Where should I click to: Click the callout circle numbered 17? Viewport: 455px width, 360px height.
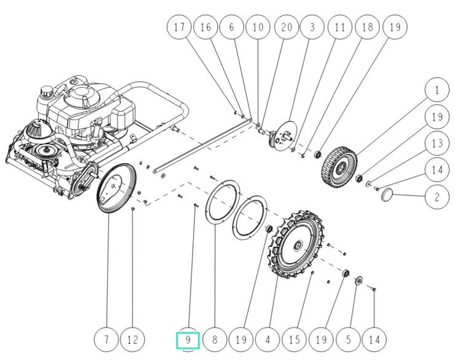[180, 27]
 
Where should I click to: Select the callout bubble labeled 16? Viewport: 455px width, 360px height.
[205, 27]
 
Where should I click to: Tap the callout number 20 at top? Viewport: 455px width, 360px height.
[286, 27]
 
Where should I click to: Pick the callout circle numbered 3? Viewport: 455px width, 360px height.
[312, 27]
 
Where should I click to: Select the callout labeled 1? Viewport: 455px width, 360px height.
[437, 91]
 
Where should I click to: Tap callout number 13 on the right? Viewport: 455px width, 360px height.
[437, 143]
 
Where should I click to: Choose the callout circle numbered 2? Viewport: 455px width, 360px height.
[437, 197]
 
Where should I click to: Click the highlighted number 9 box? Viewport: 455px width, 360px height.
[188, 339]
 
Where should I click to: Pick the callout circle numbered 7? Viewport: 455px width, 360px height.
[107, 339]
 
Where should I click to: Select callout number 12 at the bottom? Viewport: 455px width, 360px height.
[133, 339]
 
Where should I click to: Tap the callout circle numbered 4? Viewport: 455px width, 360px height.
[267, 339]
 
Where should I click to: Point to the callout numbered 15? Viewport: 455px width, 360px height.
[294, 339]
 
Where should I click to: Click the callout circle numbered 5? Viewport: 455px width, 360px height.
[347, 339]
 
